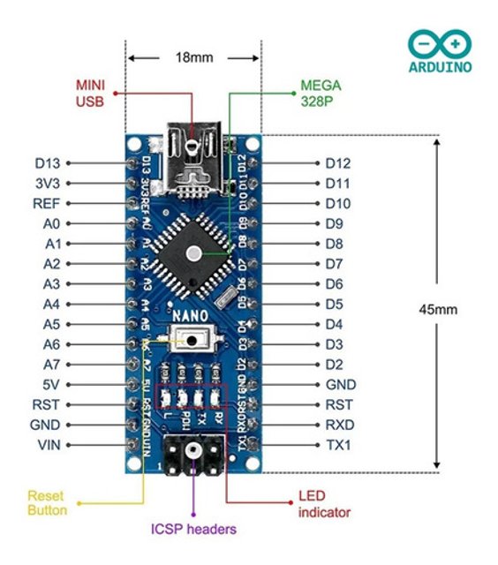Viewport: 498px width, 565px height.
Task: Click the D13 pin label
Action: point(46,163)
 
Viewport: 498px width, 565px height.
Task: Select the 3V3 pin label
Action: point(46,184)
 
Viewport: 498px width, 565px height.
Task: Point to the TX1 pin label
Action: point(337,445)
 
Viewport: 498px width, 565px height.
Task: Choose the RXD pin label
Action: point(338,425)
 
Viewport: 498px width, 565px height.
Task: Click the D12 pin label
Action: point(337,163)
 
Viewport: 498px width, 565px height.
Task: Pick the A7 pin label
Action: point(50,365)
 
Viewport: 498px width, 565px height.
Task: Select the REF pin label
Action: point(46,204)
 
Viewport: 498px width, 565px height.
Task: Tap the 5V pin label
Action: point(50,385)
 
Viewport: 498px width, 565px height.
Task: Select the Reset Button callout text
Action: point(46,503)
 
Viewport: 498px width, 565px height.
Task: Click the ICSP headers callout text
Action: point(193,530)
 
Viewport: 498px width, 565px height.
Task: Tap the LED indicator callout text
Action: point(324,504)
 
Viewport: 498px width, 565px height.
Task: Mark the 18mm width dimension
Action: point(193,57)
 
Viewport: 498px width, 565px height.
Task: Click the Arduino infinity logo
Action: point(439,44)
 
